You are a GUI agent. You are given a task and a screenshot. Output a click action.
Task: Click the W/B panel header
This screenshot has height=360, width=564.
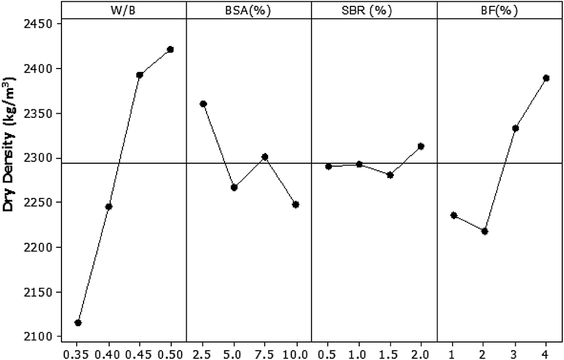coord(124,10)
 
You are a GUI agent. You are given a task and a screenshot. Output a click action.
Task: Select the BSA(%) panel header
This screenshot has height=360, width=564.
coord(250,10)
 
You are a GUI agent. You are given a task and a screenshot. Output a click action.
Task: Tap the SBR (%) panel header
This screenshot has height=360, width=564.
coord(374,10)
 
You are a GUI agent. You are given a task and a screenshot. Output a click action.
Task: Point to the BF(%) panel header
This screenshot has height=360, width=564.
coord(500,10)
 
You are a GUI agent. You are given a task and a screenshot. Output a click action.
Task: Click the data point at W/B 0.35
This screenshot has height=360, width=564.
coord(78,323)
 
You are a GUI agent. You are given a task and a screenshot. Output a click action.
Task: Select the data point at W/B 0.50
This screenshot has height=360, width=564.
coord(170,49)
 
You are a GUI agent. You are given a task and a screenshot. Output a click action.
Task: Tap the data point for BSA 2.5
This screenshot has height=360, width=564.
coord(203,104)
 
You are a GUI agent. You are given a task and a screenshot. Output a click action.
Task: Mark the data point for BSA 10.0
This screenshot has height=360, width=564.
coord(295,204)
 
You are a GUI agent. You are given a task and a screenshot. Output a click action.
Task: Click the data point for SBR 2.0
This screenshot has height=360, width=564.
coord(421,146)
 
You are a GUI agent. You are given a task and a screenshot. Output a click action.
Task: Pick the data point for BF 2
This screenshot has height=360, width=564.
coord(485,231)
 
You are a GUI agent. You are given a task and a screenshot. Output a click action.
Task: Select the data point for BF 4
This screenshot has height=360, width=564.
coord(546,78)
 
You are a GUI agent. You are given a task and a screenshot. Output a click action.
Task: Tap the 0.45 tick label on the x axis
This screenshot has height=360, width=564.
coord(139,352)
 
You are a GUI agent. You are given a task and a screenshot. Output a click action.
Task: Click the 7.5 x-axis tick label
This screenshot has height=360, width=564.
coord(265,352)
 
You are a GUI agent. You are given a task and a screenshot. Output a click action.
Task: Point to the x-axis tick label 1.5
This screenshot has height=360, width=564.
coord(390,352)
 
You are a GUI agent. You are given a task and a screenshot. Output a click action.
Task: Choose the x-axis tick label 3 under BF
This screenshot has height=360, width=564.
coord(515,352)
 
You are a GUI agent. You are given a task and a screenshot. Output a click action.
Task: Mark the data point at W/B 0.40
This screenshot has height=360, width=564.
coord(109,207)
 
